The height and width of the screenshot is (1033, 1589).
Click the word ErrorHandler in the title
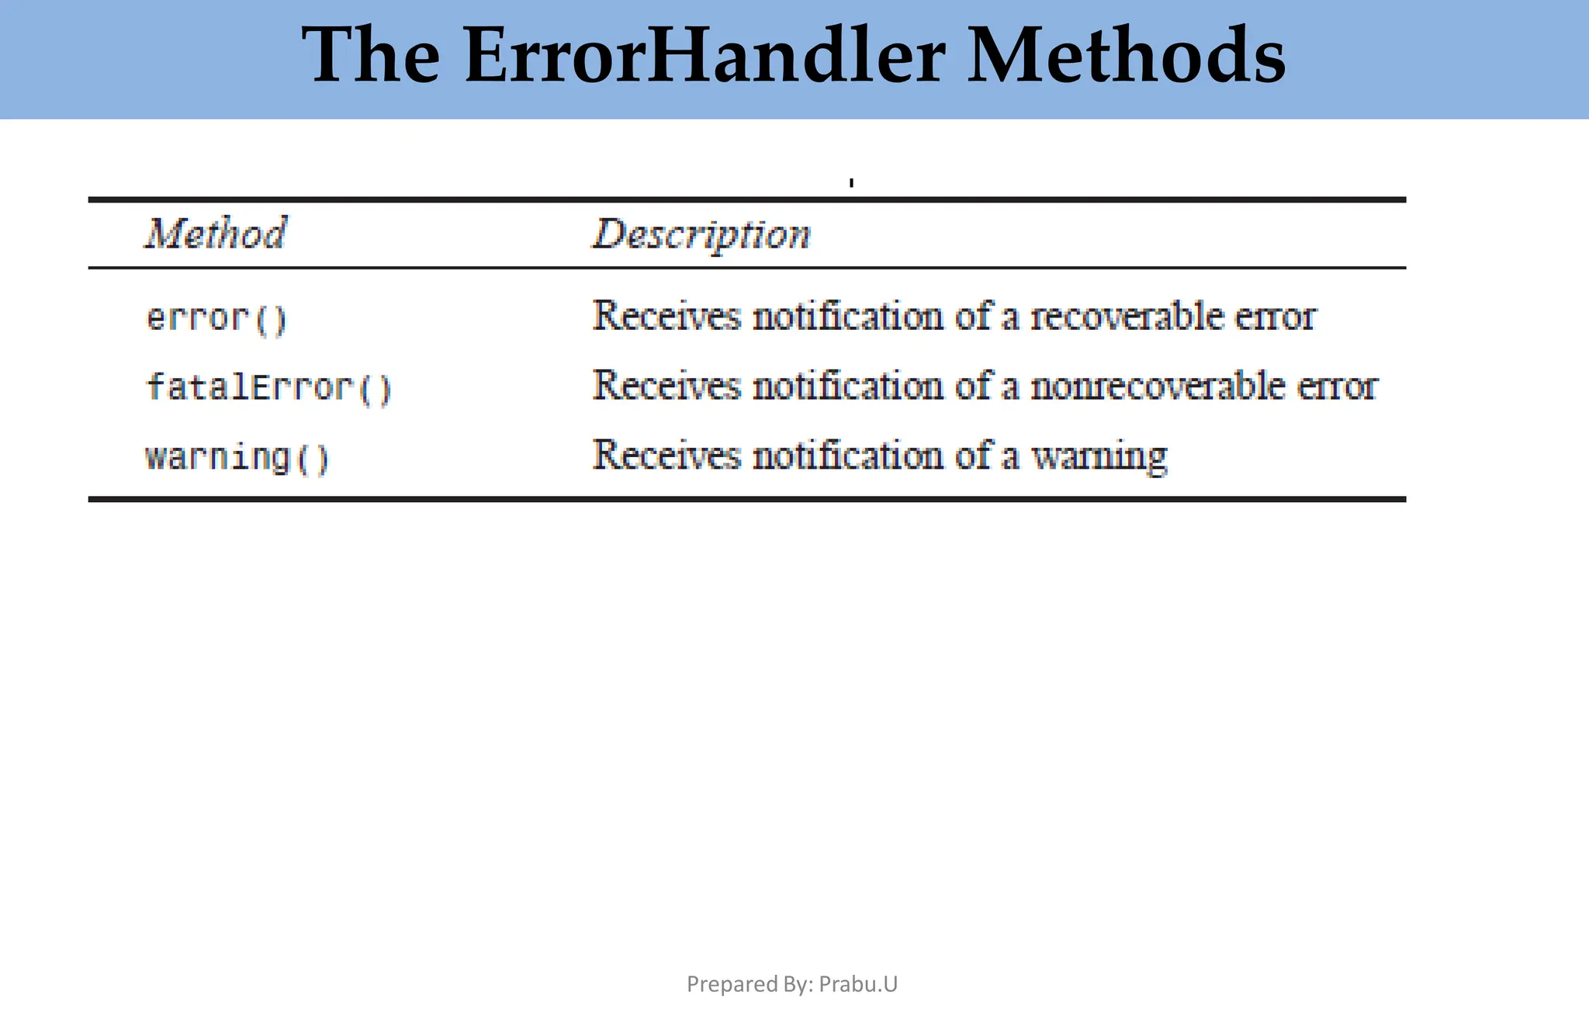[704, 56]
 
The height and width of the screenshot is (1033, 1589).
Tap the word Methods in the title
[1127, 56]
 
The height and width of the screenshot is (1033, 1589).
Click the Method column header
[216, 234]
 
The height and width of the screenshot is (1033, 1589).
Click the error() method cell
[216, 318]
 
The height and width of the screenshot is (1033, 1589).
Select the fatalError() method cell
[268, 387]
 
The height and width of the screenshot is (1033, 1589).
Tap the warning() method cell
[237, 456]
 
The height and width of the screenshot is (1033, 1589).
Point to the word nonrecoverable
[1157, 386]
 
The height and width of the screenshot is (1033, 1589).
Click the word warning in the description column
[1099, 456]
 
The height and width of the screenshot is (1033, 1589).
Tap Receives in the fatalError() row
[666, 386]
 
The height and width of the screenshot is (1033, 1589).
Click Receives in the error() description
[666, 317]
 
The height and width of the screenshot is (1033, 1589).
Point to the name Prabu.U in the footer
[858, 984]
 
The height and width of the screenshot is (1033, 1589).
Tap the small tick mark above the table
[851, 183]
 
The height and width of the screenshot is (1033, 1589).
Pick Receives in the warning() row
[666, 455]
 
